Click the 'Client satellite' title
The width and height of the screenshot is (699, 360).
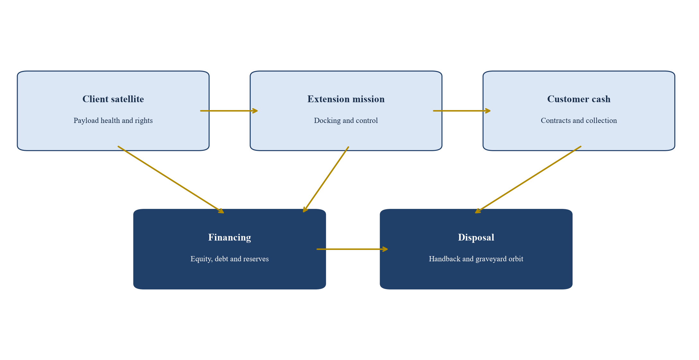(x=113, y=99)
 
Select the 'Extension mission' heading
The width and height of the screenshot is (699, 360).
(x=346, y=99)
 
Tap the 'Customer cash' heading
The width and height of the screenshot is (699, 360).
(x=579, y=99)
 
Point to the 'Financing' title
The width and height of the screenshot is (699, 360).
(x=229, y=237)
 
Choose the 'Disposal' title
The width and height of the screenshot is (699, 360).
(x=476, y=237)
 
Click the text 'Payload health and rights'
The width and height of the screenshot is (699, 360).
(x=113, y=121)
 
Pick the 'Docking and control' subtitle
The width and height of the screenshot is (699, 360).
(x=346, y=121)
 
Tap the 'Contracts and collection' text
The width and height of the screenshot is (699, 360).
(x=579, y=121)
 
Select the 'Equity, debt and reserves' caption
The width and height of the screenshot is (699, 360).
(x=229, y=259)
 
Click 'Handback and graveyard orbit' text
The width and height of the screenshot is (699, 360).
(x=476, y=259)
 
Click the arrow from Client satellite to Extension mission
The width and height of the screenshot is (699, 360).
(x=229, y=111)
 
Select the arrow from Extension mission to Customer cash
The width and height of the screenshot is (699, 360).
(x=462, y=111)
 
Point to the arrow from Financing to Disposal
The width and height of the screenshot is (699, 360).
(x=352, y=249)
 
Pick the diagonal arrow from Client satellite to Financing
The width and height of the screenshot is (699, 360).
(x=171, y=180)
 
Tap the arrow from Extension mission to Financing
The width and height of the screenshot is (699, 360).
(x=326, y=180)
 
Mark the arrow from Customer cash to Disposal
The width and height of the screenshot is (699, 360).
(x=528, y=180)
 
